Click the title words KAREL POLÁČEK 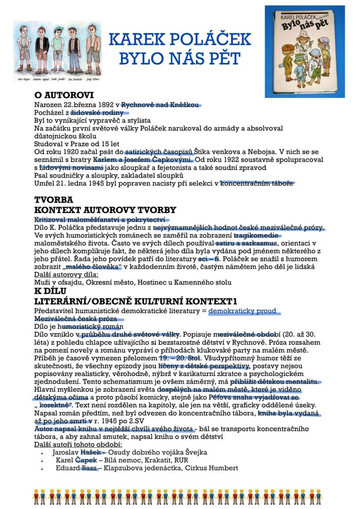click(180, 40)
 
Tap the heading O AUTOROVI click(64, 95)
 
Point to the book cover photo click(304, 51)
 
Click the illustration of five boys click(57, 51)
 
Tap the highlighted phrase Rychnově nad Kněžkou click(160, 105)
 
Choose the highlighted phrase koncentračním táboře click(257, 183)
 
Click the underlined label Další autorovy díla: click(66, 275)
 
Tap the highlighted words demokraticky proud click(242, 311)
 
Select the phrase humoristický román click(92, 326)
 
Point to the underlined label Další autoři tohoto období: click(78, 444)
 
